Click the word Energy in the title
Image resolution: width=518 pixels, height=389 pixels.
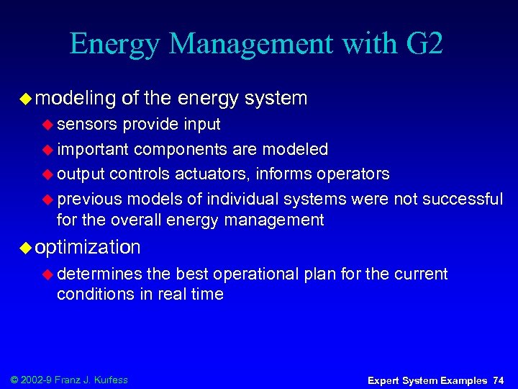[x=114, y=45]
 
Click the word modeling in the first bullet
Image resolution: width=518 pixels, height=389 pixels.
[x=76, y=97]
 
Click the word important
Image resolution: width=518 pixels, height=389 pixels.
[x=93, y=149]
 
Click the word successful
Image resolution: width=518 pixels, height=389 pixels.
[x=462, y=198]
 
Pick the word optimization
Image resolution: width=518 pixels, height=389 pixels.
[x=88, y=248]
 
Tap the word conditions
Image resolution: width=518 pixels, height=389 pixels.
[x=93, y=294]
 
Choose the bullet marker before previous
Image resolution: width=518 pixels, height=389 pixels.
[x=48, y=199]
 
